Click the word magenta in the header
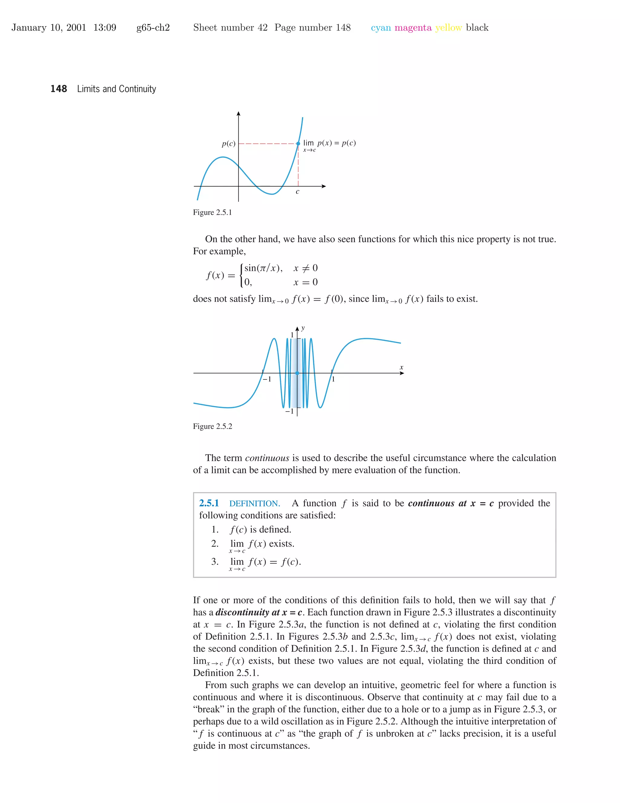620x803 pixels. point(413,28)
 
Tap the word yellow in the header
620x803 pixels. point(448,28)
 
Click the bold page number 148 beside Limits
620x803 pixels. point(58,89)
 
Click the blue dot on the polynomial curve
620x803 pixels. point(298,144)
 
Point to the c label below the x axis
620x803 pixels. point(298,192)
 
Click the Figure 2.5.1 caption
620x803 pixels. point(212,212)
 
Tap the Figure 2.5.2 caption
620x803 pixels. point(212,427)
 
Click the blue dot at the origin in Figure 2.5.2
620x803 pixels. point(297,373)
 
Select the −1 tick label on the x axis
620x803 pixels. point(267,379)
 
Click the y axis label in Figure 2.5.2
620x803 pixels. point(303,328)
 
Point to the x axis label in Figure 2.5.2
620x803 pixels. point(401,367)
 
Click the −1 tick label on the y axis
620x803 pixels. point(289,411)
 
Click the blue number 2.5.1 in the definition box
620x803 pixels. point(209,503)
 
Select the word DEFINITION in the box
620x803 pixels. point(255,503)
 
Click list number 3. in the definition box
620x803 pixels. point(215,561)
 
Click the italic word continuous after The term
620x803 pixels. point(267,458)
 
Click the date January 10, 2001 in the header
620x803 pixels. point(48,28)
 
